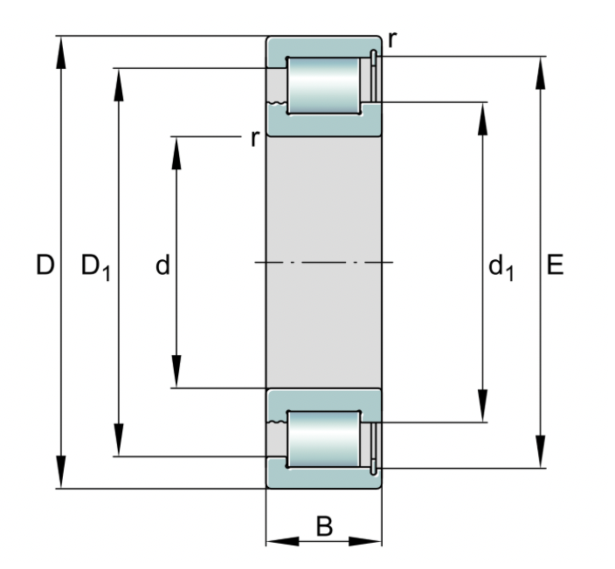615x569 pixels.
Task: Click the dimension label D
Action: coord(45,264)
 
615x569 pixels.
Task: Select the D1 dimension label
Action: coord(96,267)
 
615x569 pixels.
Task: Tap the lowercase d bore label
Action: coord(162,264)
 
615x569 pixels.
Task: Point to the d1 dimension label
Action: coord(501,268)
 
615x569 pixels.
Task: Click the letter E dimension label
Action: coord(555,264)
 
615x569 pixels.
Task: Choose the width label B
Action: coord(324,526)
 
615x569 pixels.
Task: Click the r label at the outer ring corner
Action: coord(392,40)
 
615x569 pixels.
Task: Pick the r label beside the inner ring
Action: coord(255,139)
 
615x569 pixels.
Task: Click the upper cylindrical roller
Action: coord(323,86)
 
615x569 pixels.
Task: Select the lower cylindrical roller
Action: coord(323,439)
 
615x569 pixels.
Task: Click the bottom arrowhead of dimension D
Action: coord(61,472)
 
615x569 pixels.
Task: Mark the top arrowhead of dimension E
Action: coord(541,73)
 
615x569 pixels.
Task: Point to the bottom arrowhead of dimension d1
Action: coord(483,406)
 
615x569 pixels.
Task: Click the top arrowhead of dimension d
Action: coord(176,153)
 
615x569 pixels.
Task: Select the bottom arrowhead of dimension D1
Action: coord(119,440)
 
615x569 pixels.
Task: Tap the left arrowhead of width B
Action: coord(282,542)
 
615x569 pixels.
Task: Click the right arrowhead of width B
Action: coord(365,542)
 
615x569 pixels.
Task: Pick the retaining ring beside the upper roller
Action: coord(374,77)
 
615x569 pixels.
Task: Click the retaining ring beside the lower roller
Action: coord(374,449)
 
